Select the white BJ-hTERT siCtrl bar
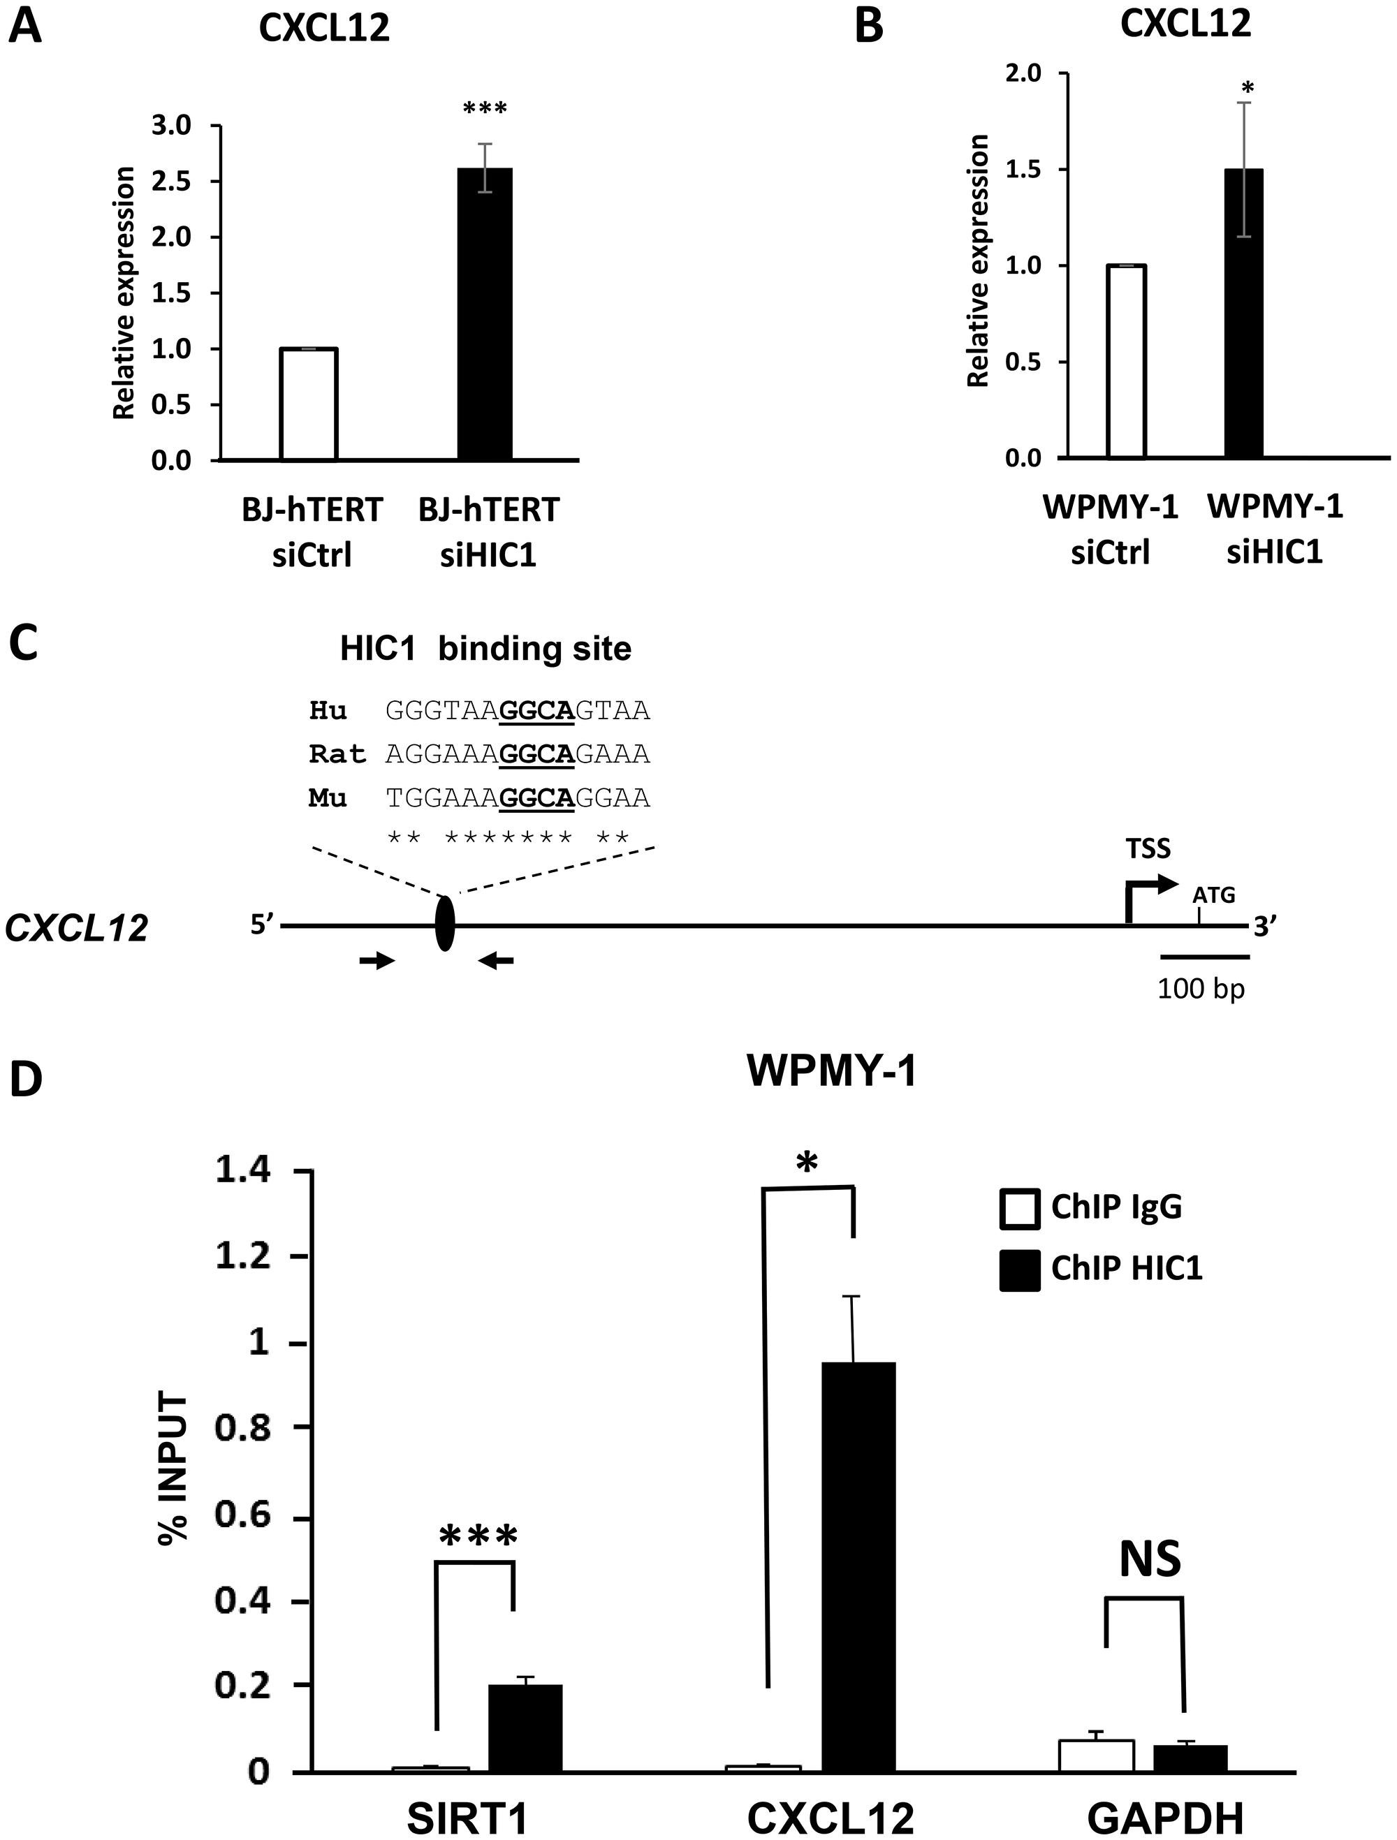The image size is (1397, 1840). pos(309,404)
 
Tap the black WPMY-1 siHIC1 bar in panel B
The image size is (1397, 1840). pos(1244,314)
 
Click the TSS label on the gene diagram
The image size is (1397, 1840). pos(1148,848)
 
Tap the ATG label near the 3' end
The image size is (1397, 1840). pos(1214,895)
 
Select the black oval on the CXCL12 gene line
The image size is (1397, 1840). pos(446,923)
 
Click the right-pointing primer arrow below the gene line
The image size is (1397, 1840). pos(376,961)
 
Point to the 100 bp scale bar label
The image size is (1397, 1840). pos(1201,988)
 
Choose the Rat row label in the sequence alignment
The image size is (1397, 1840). pos(337,754)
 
